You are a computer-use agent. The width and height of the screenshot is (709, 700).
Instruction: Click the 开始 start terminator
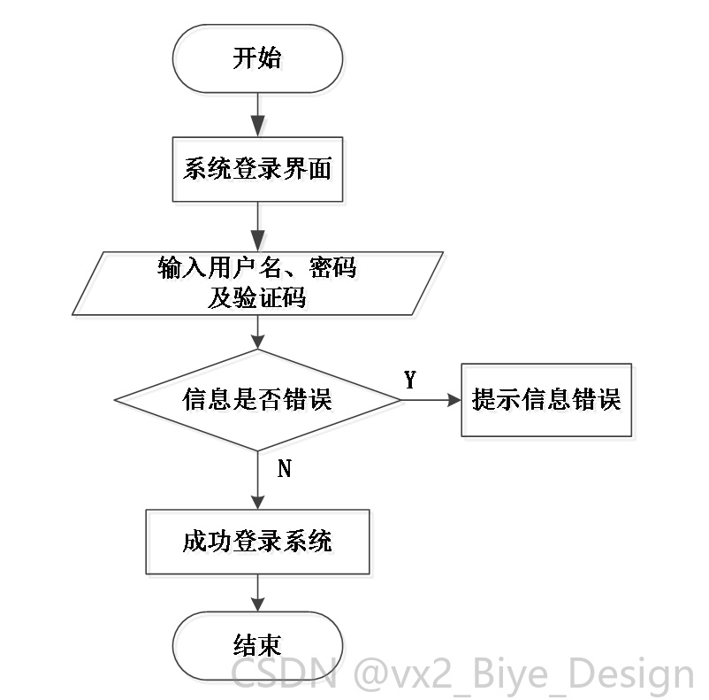pos(257,59)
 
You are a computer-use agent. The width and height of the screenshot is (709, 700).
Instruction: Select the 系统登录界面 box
pos(257,169)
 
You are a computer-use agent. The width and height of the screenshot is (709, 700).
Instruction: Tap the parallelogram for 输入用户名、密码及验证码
pos(257,283)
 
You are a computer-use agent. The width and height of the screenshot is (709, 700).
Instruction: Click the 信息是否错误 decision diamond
pos(257,400)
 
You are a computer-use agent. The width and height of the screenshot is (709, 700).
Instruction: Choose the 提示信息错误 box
pos(546,400)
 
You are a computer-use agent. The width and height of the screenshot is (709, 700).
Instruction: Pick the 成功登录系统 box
pos(257,542)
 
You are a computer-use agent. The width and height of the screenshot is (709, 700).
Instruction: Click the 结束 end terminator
pos(257,646)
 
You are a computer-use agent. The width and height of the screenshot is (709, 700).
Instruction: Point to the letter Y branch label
pos(410,380)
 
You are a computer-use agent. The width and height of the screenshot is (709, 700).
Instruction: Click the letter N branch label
pos(285,468)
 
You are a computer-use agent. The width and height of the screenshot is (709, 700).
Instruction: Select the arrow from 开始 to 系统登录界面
pos(258,115)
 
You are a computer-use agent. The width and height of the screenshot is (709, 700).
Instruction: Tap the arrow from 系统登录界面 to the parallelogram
pos(258,227)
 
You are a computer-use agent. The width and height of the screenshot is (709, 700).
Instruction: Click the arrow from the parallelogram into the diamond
pos(258,332)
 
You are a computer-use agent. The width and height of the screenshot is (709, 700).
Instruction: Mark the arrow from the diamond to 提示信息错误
pos(431,400)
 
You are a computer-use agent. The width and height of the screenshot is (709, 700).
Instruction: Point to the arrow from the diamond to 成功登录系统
pos(258,480)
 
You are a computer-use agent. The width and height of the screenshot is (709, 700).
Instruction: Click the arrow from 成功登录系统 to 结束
pos(258,593)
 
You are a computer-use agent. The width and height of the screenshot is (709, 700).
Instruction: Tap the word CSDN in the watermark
pos(285,673)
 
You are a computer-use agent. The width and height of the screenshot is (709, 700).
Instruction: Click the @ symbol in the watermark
pos(370,674)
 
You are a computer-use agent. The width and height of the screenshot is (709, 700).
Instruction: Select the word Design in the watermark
pos(631,674)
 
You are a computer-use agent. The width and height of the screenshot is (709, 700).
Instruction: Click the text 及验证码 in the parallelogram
pos(257,297)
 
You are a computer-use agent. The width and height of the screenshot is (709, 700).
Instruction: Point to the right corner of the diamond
pos(400,400)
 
